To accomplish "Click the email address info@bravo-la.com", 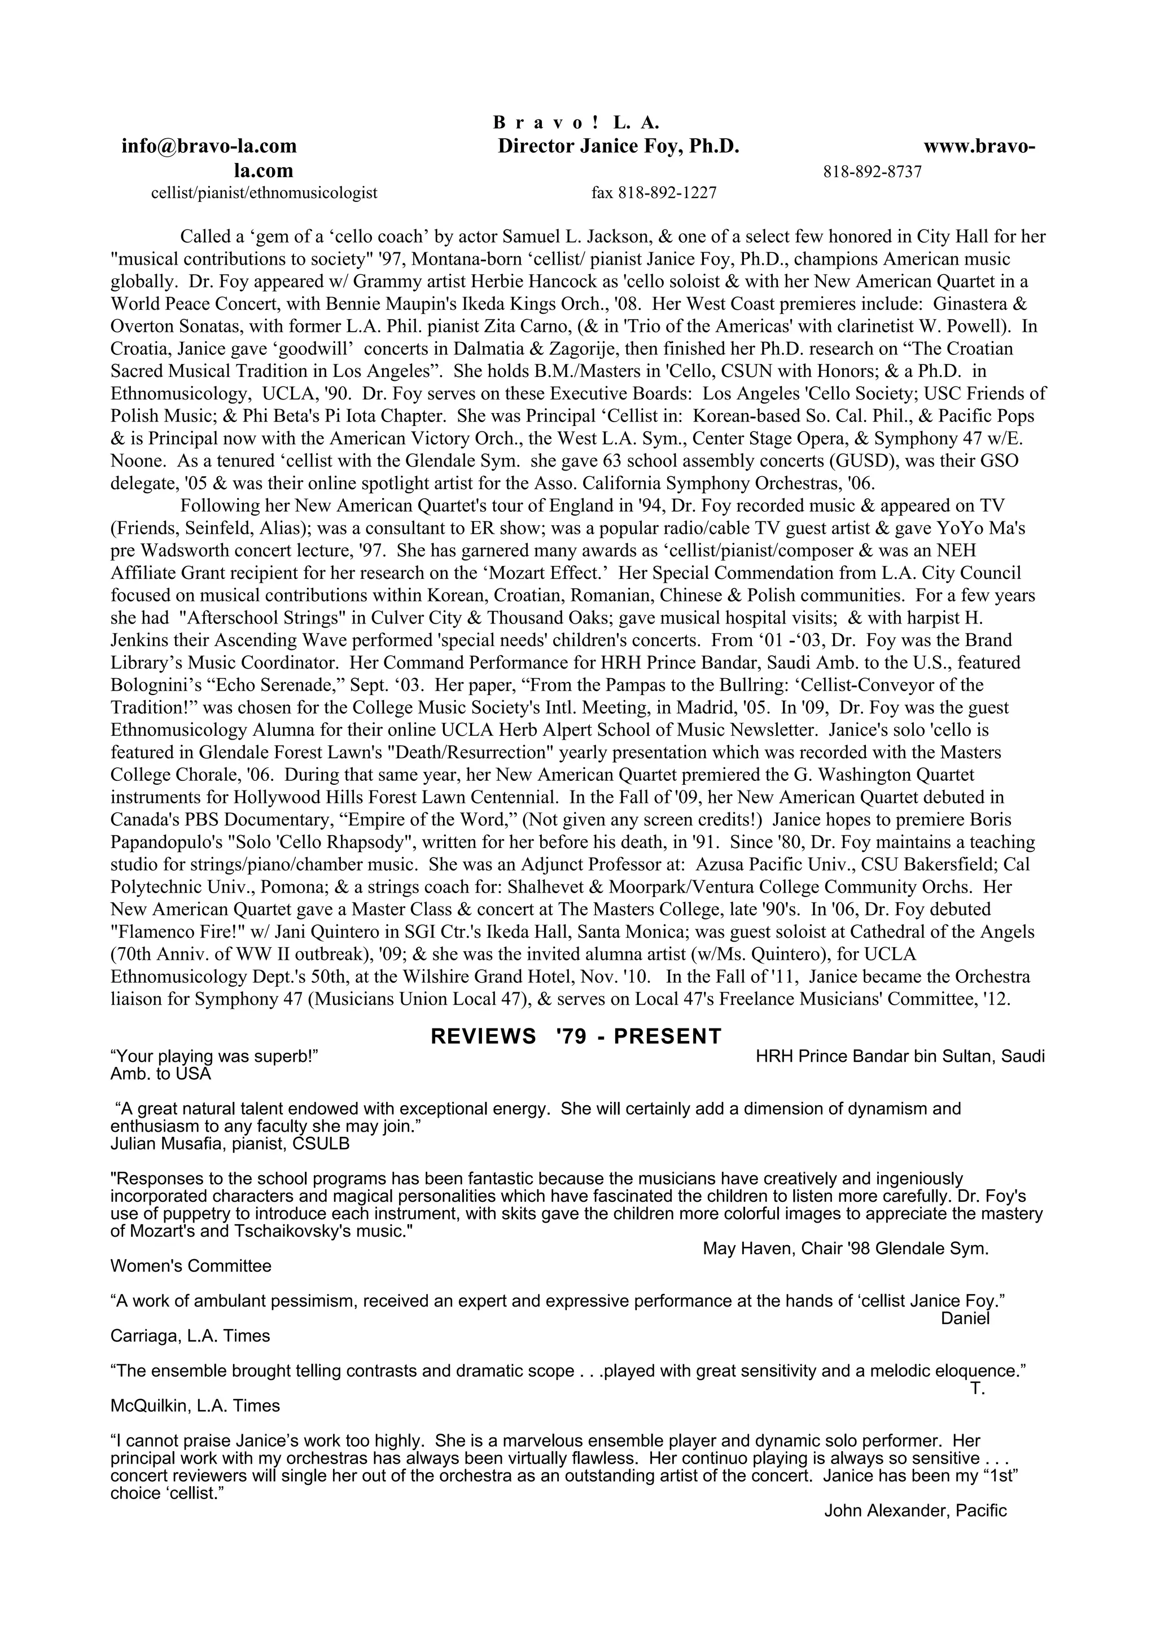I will (209, 147).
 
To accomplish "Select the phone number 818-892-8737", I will (872, 172).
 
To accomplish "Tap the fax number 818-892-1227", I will (654, 192).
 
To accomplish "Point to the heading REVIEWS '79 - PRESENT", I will (576, 1036).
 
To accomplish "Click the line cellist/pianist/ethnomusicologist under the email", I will (264, 192).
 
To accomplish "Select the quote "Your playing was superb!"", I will (214, 1056).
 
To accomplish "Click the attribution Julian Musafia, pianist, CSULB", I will (230, 1144).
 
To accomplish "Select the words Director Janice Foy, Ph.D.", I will (618, 147).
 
